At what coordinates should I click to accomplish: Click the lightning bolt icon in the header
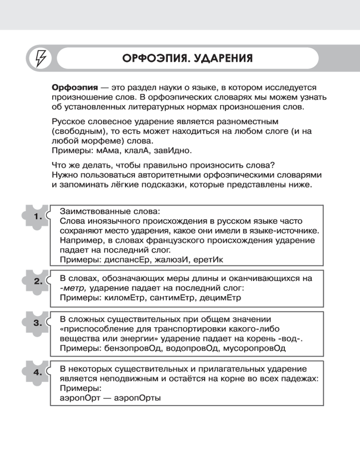point(41,58)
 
